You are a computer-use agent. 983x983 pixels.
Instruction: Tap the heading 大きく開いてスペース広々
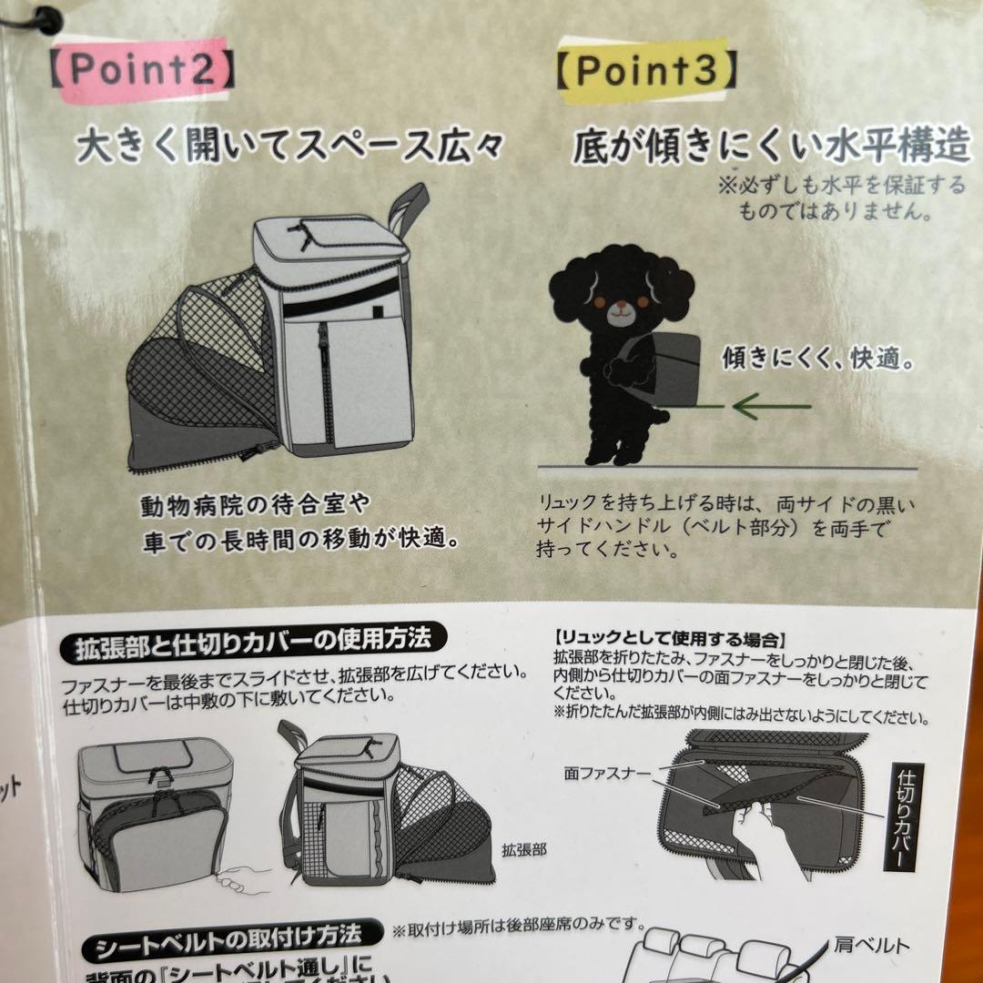coord(289,147)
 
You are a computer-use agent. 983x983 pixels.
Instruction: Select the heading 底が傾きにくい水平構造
coord(772,147)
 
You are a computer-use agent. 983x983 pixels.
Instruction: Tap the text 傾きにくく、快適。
coord(818,358)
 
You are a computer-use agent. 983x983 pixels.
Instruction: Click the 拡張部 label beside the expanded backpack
coord(524,849)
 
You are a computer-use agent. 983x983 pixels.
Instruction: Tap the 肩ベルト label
coord(871,946)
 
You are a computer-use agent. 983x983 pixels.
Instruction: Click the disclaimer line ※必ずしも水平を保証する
coord(841,186)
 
